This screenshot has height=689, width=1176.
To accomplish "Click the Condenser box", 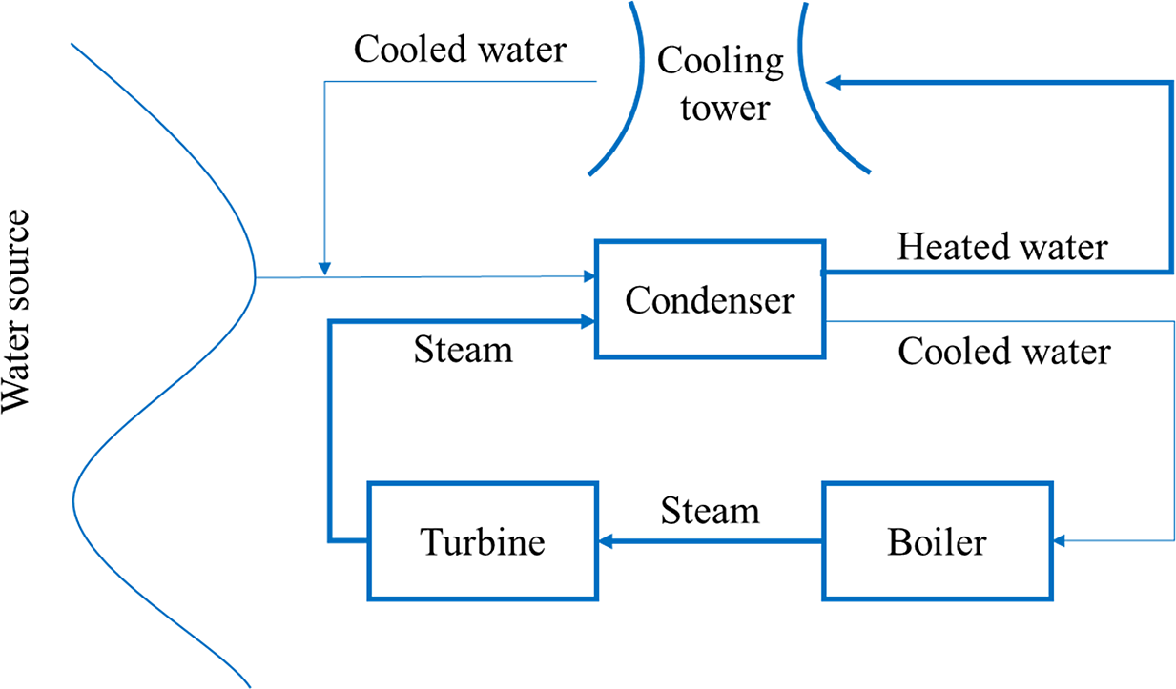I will (x=709, y=299).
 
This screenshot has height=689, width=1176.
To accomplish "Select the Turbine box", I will (x=483, y=541).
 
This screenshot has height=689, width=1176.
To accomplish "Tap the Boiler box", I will (x=937, y=541).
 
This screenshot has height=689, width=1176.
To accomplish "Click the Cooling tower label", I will (x=721, y=85).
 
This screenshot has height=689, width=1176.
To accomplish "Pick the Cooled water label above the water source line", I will (x=460, y=50).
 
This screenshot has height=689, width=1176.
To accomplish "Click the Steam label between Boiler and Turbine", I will (x=711, y=511).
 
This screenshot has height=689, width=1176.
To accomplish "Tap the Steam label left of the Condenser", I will (x=464, y=349).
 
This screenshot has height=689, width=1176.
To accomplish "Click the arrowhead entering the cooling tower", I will (x=834, y=84).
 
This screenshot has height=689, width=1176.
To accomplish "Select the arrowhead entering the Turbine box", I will (x=606, y=541).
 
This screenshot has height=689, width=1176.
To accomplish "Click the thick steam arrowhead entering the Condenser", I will (x=588, y=322).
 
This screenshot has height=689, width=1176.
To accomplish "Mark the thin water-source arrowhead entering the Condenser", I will (x=588, y=277).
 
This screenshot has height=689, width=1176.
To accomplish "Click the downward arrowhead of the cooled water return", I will (x=324, y=268).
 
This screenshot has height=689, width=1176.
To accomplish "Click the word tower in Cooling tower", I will (x=724, y=107).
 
